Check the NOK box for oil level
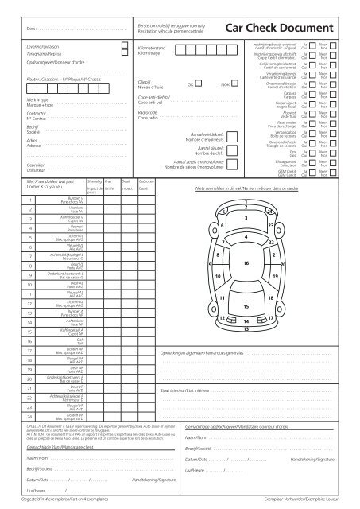(x=234, y=84)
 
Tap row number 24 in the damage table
(x=29, y=415)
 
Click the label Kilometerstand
(x=151, y=49)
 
